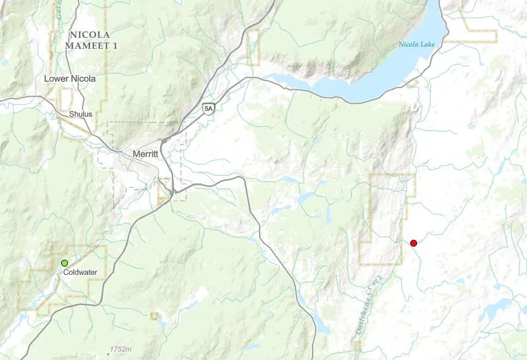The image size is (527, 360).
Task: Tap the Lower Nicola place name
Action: tap(69, 79)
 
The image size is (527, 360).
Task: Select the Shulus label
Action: tap(80, 113)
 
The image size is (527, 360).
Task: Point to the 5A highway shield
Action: tap(209, 108)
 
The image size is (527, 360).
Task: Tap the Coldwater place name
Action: tap(80, 272)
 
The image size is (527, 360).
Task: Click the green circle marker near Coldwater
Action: tap(65, 263)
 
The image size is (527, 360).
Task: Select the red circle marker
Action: tap(414, 243)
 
